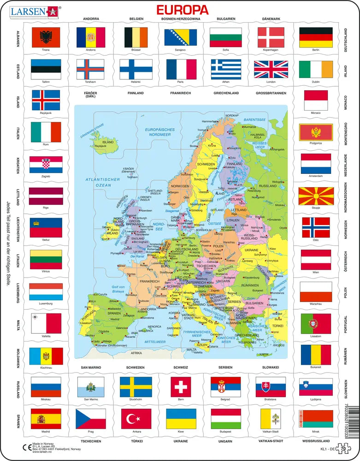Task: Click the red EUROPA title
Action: point(183,10)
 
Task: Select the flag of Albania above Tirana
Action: point(46,37)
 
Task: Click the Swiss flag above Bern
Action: point(180,386)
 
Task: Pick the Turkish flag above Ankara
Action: point(136,419)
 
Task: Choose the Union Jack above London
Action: point(271,70)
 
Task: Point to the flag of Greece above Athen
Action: point(226,70)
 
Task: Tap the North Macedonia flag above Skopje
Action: point(316,196)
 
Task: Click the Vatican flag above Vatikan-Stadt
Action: point(271,419)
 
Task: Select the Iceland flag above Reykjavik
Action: point(46,100)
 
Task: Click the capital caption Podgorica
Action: point(316,143)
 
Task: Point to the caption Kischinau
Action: point(46,368)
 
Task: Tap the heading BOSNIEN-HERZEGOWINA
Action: point(181,19)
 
